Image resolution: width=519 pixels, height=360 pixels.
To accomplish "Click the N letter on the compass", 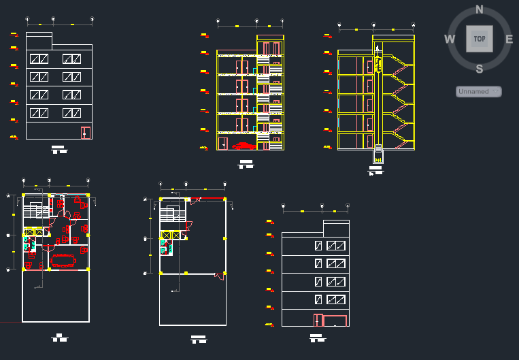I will pos(480,10).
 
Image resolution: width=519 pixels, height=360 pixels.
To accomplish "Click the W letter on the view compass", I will pos(450,39).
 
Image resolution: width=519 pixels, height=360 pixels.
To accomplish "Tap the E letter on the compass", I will pos(509,39).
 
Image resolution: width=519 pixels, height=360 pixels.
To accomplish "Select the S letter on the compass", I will pos(480,68).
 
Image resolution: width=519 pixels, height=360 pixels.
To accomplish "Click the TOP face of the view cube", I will pos(480,39).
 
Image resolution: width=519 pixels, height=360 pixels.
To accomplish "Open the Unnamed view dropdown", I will pos(479,91).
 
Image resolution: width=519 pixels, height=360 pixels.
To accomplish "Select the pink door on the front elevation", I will pos(86,133).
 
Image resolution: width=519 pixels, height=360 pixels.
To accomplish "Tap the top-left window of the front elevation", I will pos(39,59).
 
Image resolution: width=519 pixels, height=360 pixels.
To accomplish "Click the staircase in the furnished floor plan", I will pos(31,214).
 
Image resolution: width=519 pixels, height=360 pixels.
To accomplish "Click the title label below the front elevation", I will pos(59,149).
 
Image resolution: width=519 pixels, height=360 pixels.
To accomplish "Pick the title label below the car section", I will pos(245,163).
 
